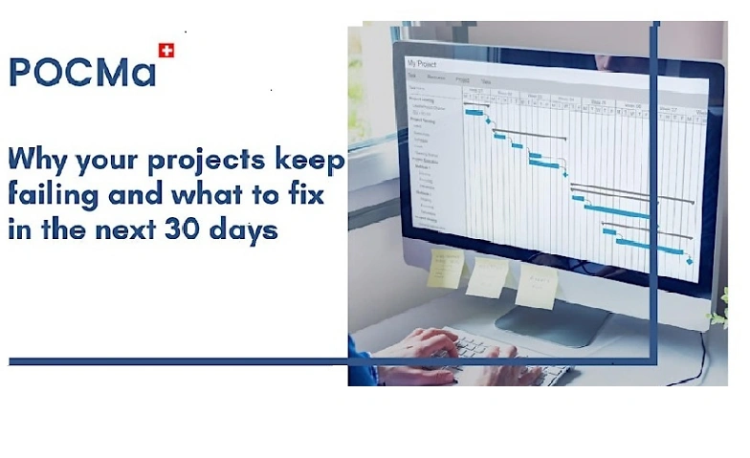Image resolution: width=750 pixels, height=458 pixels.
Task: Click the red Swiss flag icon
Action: click(x=166, y=50)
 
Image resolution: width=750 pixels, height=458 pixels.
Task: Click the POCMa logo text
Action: click(x=82, y=72)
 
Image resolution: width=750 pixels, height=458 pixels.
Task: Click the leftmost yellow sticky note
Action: click(x=445, y=268)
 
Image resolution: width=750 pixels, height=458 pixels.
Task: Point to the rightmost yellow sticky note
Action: click(x=537, y=286)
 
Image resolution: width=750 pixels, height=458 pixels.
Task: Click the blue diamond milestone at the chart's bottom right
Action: click(x=690, y=259)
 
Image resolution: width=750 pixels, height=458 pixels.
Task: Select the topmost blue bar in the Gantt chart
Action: click(x=474, y=113)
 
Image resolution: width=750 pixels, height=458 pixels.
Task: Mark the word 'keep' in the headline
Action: click(x=310, y=160)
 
